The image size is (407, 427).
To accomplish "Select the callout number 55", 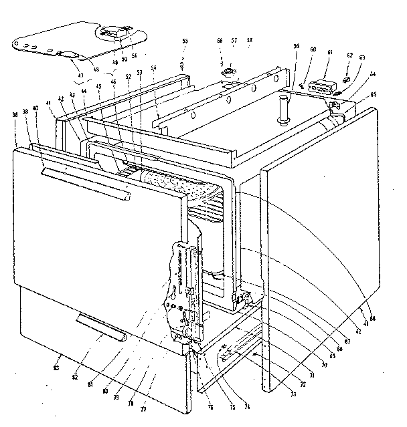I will [185, 41].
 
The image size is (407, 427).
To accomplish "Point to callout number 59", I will [296, 47].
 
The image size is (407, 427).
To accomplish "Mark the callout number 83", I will [57, 368].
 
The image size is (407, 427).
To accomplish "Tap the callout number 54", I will [153, 69].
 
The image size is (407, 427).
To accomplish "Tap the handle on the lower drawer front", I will [100, 325].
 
